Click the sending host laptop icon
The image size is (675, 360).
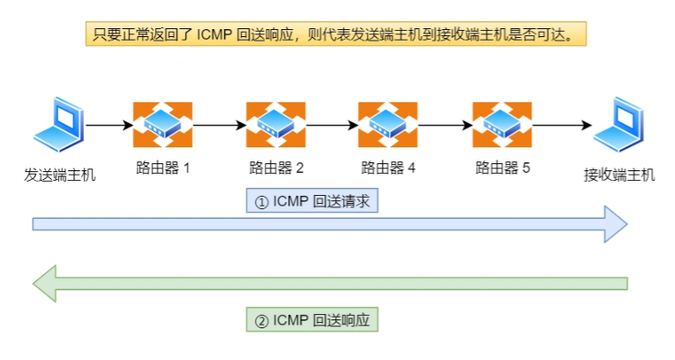coord(59,126)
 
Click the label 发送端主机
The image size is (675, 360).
coord(59,175)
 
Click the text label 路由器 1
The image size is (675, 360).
coord(163,168)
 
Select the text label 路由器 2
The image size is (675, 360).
coord(276,168)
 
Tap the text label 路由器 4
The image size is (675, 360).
coord(388,168)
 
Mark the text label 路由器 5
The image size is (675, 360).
coord(502,168)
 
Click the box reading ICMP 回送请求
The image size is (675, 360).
coord(311,201)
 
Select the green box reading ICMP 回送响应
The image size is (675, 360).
coord(311,319)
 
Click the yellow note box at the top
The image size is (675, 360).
coord(336,34)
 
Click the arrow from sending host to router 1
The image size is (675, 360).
coord(108,125)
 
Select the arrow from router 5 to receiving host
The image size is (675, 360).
coord(560,125)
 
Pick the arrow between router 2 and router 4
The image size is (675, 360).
coord(331,125)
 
